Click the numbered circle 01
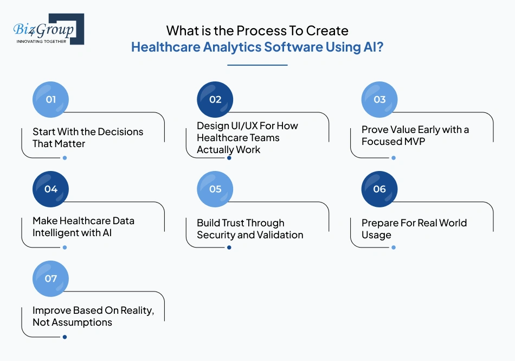(x=51, y=99)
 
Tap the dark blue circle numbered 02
(x=215, y=99)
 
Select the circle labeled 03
(x=379, y=99)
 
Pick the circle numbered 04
(x=51, y=189)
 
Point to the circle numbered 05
(x=215, y=189)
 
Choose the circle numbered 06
(x=379, y=189)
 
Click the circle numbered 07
(x=51, y=278)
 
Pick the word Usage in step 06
(x=376, y=235)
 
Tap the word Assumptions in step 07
(x=81, y=322)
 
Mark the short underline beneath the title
(x=257, y=65)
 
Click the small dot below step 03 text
(x=394, y=158)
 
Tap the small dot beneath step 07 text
(x=65, y=337)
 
